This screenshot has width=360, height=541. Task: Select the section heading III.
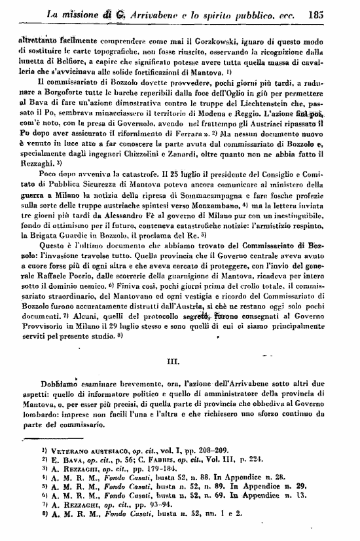pos(179,358)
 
